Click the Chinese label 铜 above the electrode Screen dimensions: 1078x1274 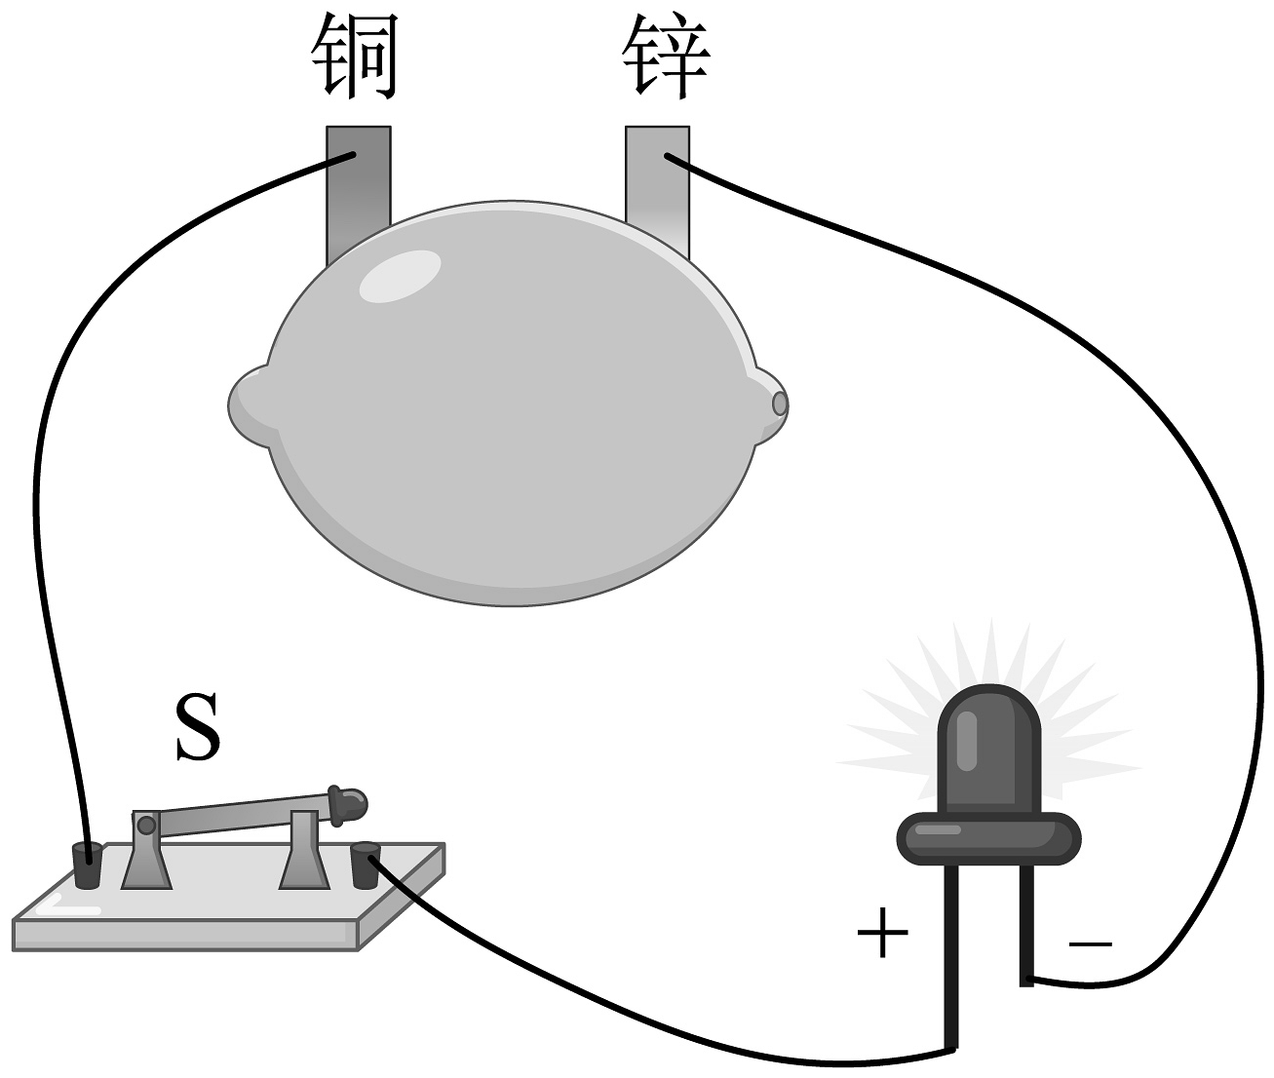pos(355,57)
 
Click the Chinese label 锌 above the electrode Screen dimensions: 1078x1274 pos(667,57)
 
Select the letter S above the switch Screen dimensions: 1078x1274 pos(197,729)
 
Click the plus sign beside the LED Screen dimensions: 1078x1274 pos(882,933)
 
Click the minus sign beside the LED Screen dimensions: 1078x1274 pos(1090,943)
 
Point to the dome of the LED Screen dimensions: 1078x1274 pos(988,746)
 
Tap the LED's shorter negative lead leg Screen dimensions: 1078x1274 pos(1026,926)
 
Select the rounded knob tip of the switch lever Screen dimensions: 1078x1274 pos(350,803)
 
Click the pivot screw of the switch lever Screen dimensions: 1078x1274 pos(146,826)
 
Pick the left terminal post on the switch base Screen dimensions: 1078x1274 pos(87,866)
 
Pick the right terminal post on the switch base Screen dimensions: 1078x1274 pos(365,866)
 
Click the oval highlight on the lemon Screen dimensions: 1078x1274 pos(400,277)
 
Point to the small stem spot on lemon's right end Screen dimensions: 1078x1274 pos(779,403)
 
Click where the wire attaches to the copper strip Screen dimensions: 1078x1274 pos(353,156)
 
